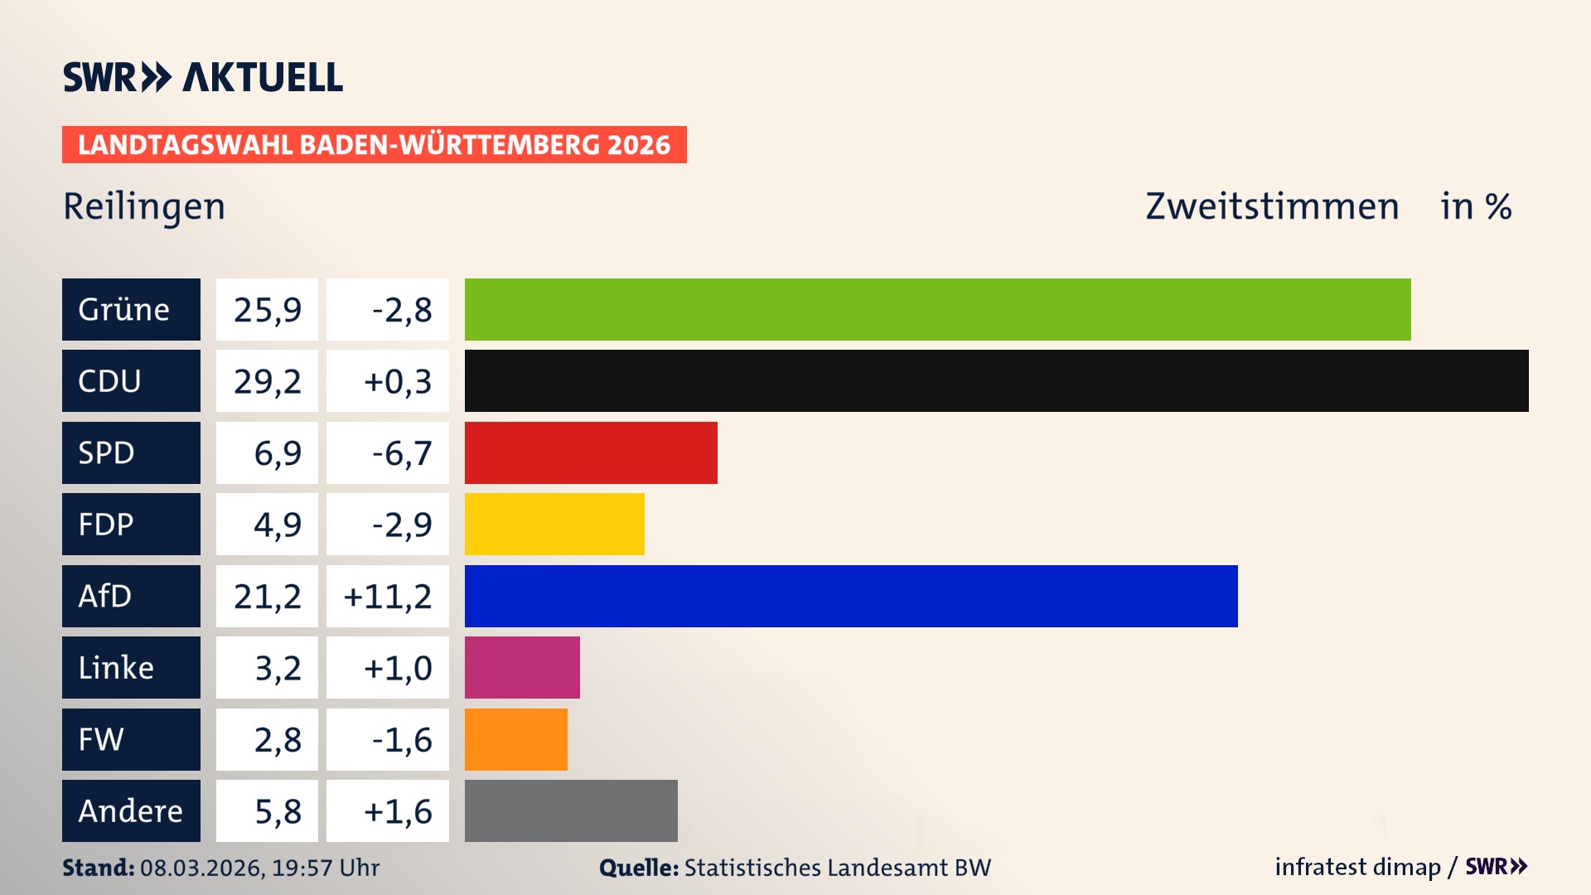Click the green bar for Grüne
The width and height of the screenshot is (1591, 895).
pyautogui.click(x=937, y=309)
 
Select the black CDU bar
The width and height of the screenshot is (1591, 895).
pyautogui.click(x=996, y=380)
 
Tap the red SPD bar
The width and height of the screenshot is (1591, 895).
pyautogui.click(x=591, y=452)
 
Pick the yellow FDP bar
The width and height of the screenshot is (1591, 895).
pyautogui.click(x=554, y=524)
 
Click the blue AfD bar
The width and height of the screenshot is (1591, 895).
pyautogui.click(x=851, y=596)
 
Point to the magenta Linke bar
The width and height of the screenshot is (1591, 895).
pyautogui.click(x=522, y=667)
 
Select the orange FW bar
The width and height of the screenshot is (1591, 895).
pyautogui.click(x=515, y=739)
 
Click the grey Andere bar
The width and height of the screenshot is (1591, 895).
pyautogui.click(x=571, y=810)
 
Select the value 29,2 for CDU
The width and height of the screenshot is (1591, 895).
pyautogui.click(x=267, y=381)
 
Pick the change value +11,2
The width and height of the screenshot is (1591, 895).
pyautogui.click(x=388, y=597)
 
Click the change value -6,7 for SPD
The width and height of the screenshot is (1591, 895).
pyautogui.click(x=402, y=453)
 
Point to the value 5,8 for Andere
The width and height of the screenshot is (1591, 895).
pyautogui.click(x=278, y=811)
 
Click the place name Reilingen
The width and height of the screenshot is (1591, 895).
pyautogui.click(x=144, y=206)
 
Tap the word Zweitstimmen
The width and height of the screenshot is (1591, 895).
pyautogui.click(x=1272, y=206)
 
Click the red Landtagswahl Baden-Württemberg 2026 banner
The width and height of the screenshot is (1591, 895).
pyautogui.click(x=374, y=144)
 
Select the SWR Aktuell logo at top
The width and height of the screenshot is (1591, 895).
pyautogui.click(x=203, y=77)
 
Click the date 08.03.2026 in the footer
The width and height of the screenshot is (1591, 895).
pyautogui.click(x=201, y=868)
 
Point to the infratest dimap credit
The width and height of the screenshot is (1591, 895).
pyautogui.click(x=1357, y=867)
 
